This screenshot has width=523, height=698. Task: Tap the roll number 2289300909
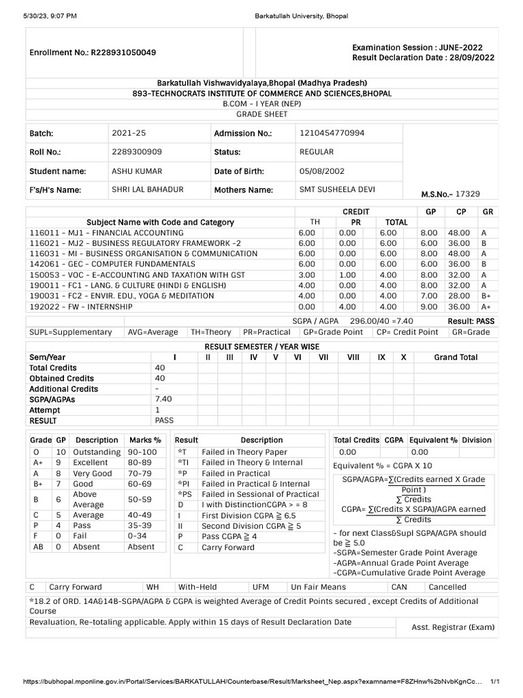click(136, 152)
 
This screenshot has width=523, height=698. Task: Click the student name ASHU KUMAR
click(136, 171)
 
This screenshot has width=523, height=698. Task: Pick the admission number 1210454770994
click(332, 133)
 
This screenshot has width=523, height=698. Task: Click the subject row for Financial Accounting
click(107, 233)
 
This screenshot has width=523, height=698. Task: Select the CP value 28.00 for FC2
click(458, 296)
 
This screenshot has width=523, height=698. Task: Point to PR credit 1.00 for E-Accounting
click(347, 275)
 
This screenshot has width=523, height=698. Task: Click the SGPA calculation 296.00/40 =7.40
click(374, 320)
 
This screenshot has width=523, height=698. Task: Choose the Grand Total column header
click(456, 357)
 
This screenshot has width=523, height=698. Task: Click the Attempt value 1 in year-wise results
click(157, 410)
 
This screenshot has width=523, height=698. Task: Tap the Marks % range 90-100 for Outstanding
click(142, 453)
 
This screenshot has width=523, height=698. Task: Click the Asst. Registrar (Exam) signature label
click(453, 627)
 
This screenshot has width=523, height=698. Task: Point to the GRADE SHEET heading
click(261, 115)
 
